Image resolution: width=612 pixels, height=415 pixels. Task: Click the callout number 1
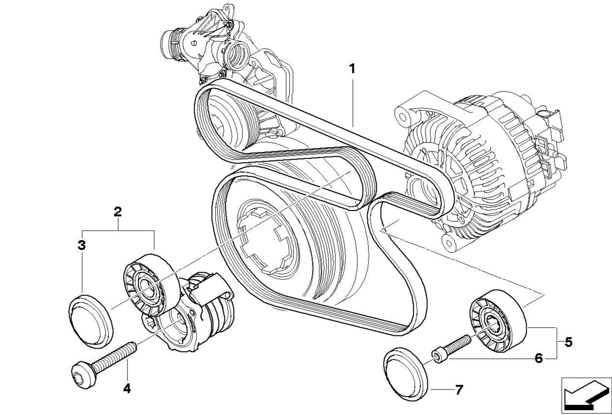tap(352, 69)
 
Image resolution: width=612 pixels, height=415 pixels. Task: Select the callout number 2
tap(118, 212)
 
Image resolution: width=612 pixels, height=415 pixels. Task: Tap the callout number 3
tap(82, 245)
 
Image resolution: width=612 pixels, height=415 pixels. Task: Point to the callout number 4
tap(127, 388)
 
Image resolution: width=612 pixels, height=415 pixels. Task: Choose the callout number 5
tap(568, 342)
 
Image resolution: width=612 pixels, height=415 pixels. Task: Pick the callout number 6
tap(538, 358)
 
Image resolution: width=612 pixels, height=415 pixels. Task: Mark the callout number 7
tap(458, 389)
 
